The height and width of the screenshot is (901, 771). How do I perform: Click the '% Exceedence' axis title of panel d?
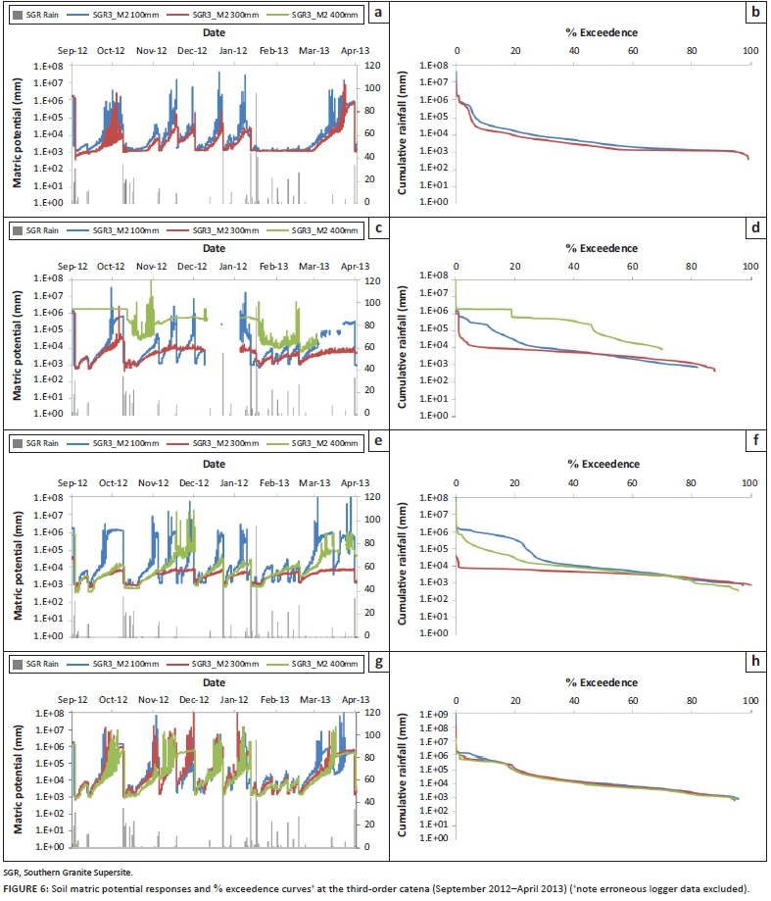click(x=602, y=249)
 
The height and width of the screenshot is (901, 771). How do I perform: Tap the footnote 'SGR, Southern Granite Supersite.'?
click(x=72, y=871)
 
